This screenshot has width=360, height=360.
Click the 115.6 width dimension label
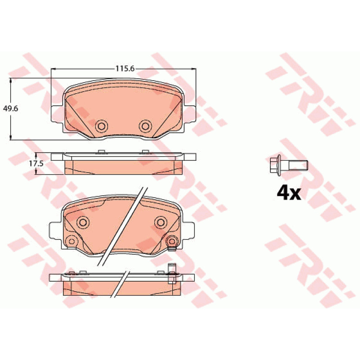[125, 68]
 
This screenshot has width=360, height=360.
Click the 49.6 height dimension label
[10, 108]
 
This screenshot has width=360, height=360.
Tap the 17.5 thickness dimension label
[36, 163]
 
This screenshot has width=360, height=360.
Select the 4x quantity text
[288, 193]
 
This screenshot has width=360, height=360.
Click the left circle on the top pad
[102, 126]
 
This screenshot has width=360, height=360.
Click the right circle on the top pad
[145, 126]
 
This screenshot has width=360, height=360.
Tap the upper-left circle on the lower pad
[83, 222]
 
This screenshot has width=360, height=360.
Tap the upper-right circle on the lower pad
[161, 222]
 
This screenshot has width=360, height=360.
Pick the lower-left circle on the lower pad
[72, 241]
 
